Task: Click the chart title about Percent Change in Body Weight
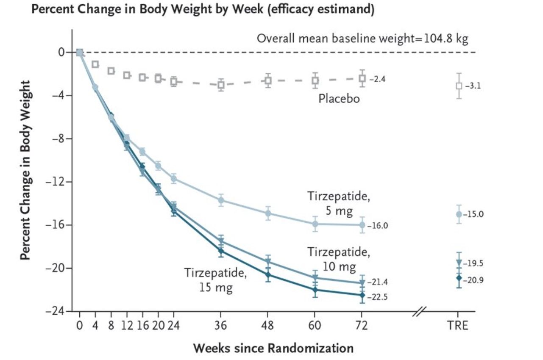(203, 11)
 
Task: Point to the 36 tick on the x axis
(221, 326)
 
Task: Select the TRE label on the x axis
(458, 326)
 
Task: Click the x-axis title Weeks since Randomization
(273, 349)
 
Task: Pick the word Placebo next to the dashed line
(339, 100)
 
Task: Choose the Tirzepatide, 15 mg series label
(215, 280)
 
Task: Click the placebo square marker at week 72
(362, 78)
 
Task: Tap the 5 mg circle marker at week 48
(268, 213)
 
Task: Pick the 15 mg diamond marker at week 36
(221, 251)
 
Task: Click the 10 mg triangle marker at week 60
(315, 278)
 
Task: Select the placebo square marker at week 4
(95, 64)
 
